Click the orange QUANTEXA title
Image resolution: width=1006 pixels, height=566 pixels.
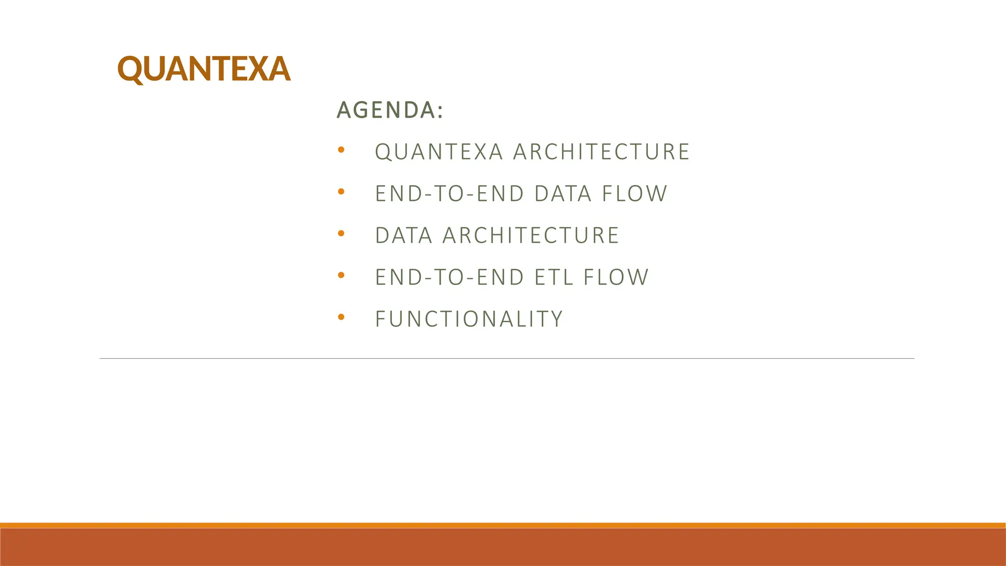click(203, 69)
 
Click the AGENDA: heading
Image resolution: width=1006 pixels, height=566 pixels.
click(390, 110)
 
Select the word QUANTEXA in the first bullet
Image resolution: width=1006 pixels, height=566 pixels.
click(439, 152)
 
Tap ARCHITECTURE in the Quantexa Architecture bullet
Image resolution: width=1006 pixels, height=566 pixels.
click(602, 152)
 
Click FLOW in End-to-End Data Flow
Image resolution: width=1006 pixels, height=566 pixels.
click(635, 194)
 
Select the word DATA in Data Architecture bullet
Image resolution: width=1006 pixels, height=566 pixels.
click(404, 235)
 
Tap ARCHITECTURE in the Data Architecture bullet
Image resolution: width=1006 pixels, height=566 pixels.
click(531, 235)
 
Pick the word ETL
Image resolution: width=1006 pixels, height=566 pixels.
click(554, 277)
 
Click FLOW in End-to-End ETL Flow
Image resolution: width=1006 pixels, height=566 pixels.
click(616, 277)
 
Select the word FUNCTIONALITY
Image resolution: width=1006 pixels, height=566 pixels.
click(469, 319)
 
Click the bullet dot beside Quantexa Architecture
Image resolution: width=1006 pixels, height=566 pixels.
click(341, 150)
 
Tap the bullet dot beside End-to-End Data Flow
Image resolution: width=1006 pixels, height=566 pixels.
click(341, 192)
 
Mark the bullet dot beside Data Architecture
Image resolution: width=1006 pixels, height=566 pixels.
click(341, 233)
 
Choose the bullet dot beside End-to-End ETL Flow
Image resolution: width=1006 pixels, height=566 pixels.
click(341, 275)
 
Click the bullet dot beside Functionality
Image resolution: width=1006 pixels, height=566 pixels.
click(341, 317)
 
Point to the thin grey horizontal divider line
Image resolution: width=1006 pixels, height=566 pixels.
click(506, 359)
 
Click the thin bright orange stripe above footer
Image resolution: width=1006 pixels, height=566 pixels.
click(503, 525)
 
